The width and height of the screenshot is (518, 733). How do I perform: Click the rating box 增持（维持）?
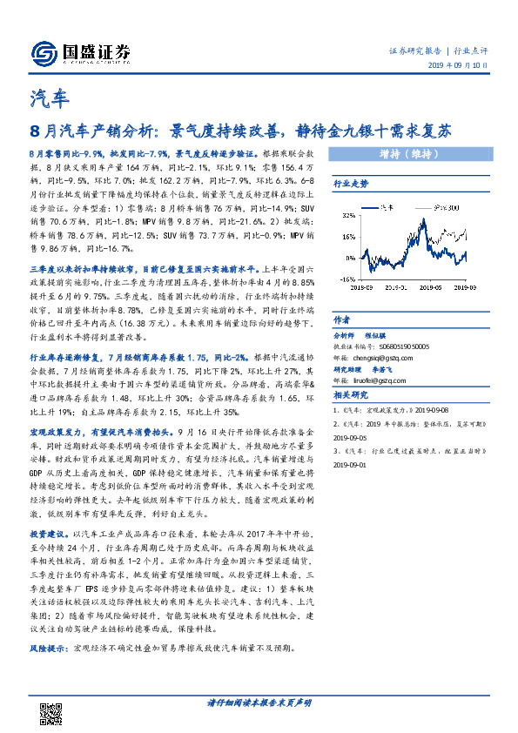[x=407, y=157]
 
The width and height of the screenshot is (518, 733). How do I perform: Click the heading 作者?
[x=341, y=319]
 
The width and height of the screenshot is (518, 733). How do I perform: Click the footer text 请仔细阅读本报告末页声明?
[x=259, y=703]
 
